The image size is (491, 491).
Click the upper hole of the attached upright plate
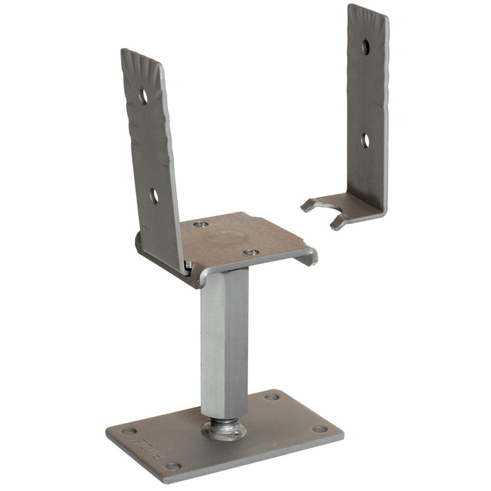coord(143,96)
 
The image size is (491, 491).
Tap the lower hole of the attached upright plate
coord(154,196)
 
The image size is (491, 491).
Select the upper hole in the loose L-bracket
coord(366,47)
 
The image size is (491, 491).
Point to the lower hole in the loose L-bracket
coord(365,140)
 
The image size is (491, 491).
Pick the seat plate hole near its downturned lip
coord(250,252)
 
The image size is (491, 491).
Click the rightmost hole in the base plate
coord(319,429)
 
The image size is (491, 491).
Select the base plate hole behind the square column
coord(271,397)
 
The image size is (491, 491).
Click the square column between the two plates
coord(224,340)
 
